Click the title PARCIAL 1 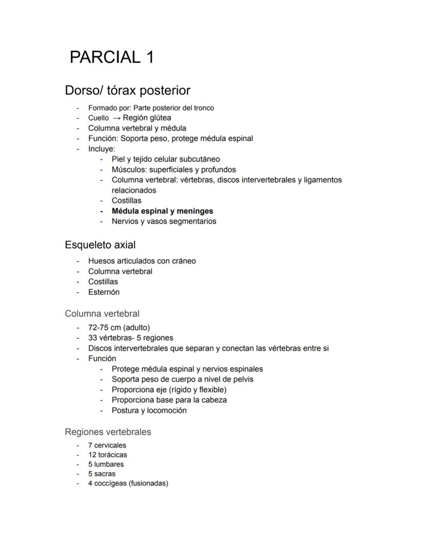111,57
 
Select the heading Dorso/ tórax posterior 127,91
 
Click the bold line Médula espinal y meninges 162,211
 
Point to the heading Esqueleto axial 100,245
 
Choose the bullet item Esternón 104,292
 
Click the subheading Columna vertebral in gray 102,314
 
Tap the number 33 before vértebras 93,338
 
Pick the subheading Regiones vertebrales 108,432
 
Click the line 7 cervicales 107,445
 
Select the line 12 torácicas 107,455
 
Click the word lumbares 109,464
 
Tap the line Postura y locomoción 149,411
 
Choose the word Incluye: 102,149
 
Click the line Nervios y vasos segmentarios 164,221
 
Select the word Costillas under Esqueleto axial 103,281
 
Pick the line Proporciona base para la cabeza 169,400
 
